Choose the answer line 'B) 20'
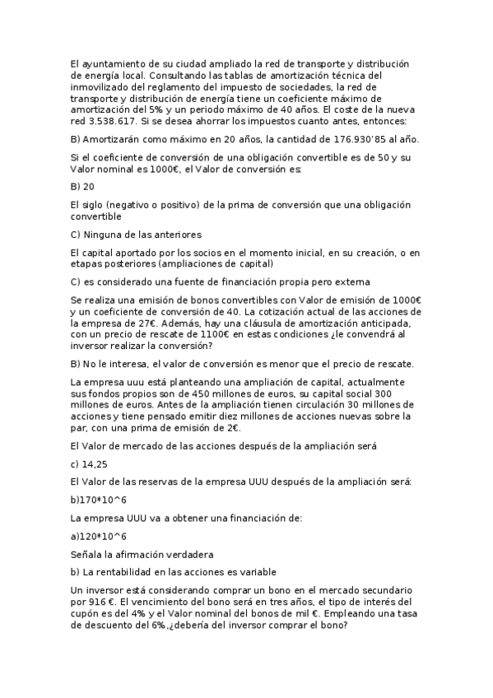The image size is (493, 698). pyautogui.click(x=83, y=186)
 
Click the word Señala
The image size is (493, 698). pyautogui.click(x=88, y=554)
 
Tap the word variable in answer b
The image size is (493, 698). pyautogui.click(x=254, y=571)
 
